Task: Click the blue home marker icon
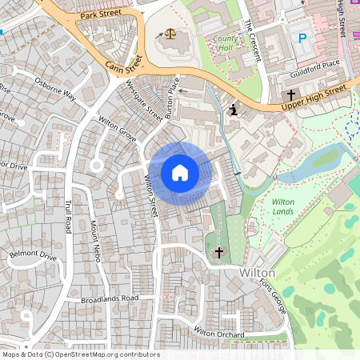tap(180, 173)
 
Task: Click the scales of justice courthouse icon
tap(170, 35)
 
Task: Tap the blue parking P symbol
tap(302, 38)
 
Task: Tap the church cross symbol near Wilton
tap(218, 251)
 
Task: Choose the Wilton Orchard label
tap(218, 331)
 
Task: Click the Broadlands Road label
tap(110, 299)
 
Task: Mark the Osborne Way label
tap(54, 88)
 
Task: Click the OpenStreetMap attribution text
tap(80, 354)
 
